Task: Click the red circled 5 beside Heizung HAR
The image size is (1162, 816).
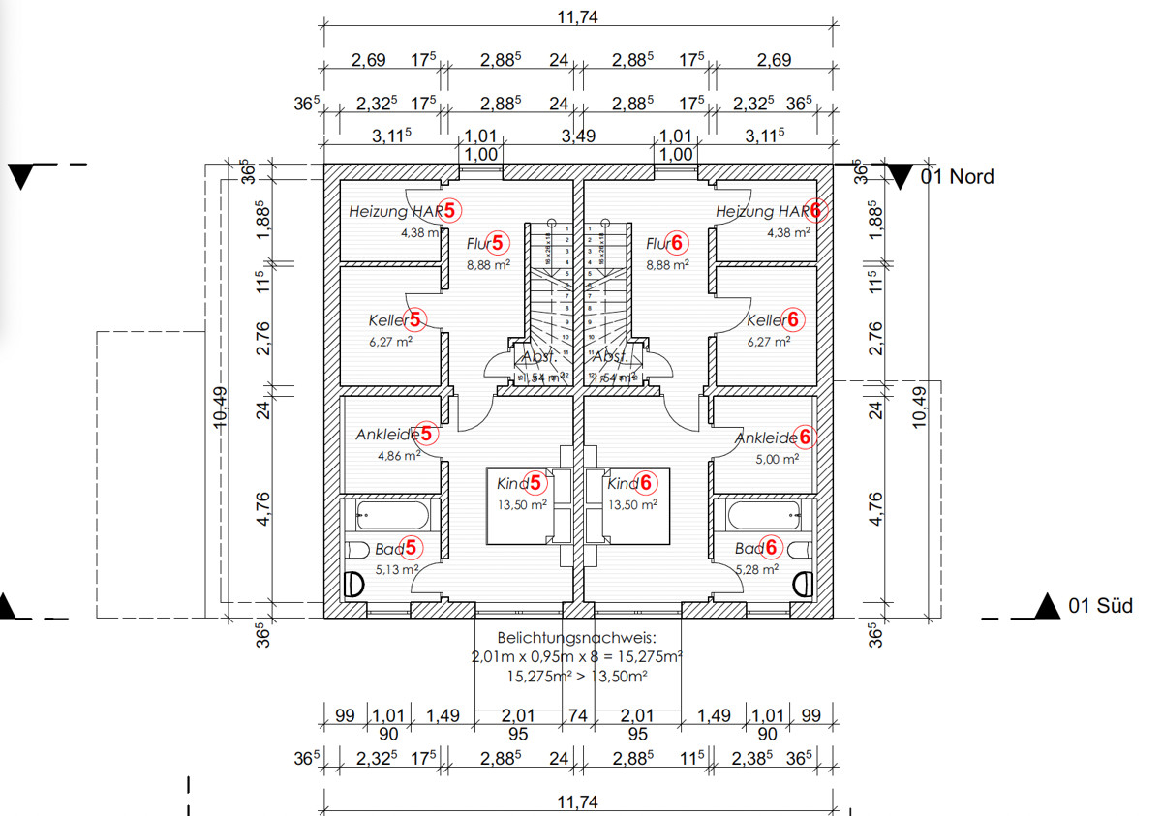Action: [x=452, y=209]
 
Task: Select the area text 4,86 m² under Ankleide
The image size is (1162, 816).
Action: [x=399, y=454]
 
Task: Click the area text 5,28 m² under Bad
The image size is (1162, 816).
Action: [x=757, y=568]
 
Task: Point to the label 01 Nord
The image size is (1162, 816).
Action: [x=957, y=176]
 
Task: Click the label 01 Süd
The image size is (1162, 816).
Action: [x=1100, y=606]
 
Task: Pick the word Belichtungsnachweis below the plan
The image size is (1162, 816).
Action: [x=576, y=639]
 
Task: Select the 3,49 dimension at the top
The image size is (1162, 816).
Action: [x=579, y=136]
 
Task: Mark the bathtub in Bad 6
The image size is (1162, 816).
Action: [x=764, y=515]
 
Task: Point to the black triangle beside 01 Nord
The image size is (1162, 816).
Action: [x=901, y=176]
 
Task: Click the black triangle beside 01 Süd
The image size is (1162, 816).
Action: [x=1046, y=606]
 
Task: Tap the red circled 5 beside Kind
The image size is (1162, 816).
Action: [x=535, y=482]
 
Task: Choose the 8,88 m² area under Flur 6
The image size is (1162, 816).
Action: [x=667, y=263]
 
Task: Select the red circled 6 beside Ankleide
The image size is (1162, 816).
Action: [x=803, y=437]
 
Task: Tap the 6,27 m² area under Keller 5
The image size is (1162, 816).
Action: [x=391, y=340]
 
